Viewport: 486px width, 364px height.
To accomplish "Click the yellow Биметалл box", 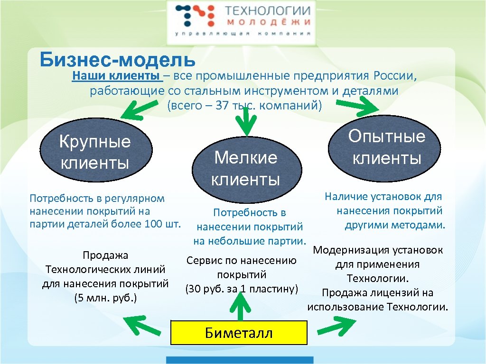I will click(x=239, y=333).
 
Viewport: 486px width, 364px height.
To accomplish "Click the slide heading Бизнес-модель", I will click(x=117, y=60).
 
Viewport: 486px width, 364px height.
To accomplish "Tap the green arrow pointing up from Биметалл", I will click(x=241, y=308).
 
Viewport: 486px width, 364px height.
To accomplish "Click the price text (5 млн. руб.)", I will click(x=105, y=298).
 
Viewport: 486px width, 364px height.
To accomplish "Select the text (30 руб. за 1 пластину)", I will click(x=242, y=289).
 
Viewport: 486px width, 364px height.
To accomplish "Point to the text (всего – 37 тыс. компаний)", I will click(x=244, y=106).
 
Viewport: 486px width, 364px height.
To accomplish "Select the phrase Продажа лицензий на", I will click(x=377, y=293).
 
